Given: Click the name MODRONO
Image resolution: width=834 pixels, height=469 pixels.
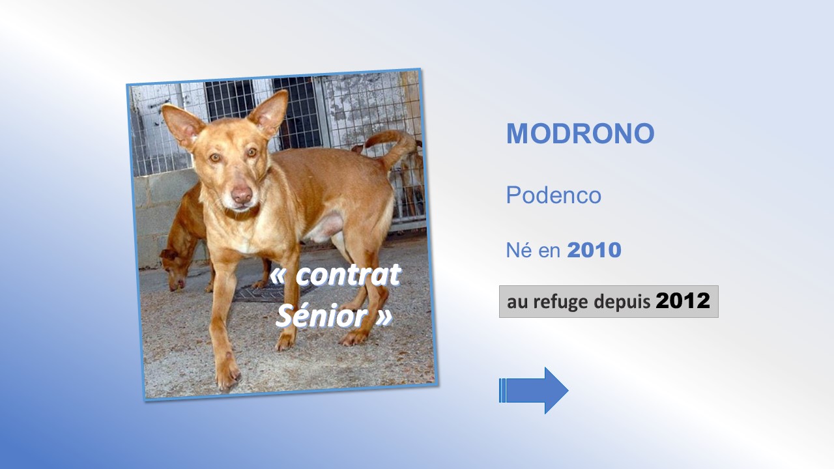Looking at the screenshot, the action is tap(580, 134).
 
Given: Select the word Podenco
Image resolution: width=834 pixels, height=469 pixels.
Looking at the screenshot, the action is tap(554, 195).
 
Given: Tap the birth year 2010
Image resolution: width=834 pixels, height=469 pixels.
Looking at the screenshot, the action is tap(594, 249).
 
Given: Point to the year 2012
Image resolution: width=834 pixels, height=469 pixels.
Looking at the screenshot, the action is tap(683, 301).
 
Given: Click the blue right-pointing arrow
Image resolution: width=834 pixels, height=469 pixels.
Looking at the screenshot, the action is tap(534, 390).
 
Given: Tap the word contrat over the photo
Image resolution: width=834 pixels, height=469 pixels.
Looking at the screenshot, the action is tap(348, 276).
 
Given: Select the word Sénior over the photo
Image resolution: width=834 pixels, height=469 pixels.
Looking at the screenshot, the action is tap(322, 316).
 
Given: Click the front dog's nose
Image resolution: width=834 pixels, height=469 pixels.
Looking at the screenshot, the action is tap(242, 194).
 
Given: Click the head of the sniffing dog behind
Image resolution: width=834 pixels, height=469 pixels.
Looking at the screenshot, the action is tap(173, 268).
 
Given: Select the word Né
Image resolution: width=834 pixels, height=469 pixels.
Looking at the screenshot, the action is tap(519, 249).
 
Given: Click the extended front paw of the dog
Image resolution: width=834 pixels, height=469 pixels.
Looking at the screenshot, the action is tap(228, 372).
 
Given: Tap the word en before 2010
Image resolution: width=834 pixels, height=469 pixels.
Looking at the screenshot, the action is tap(549, 251).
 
